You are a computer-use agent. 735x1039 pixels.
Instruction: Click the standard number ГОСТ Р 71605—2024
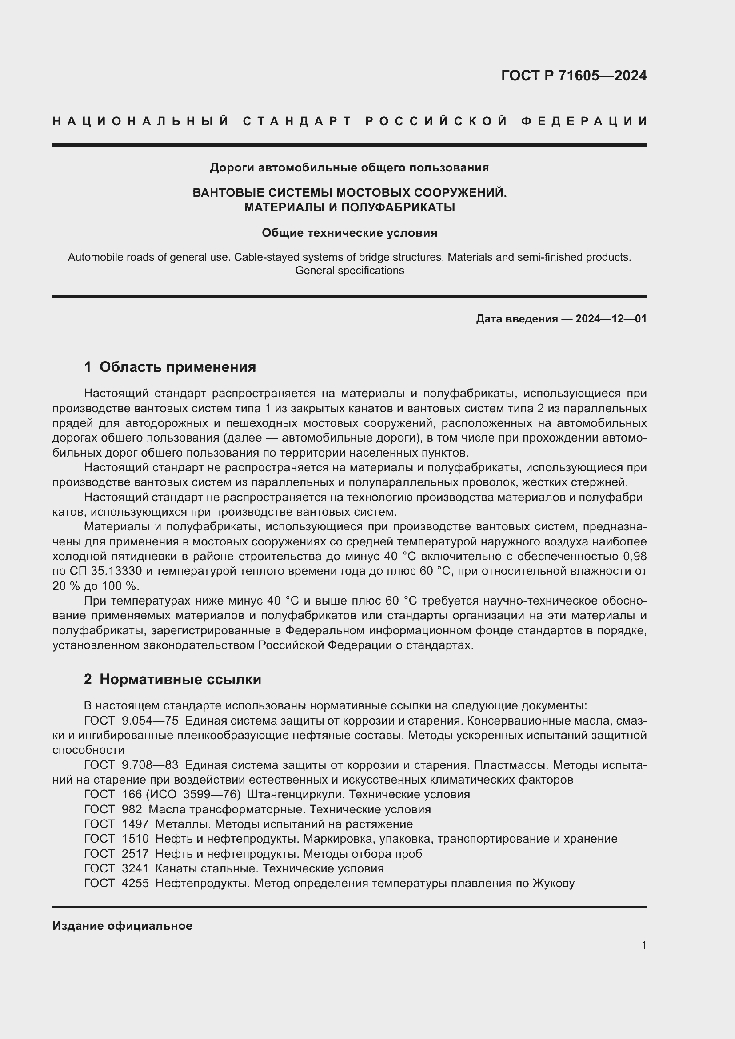(573, 76)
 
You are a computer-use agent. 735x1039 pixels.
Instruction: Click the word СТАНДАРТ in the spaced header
(297, 121)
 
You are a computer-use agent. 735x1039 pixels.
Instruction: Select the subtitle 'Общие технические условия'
(349, 233)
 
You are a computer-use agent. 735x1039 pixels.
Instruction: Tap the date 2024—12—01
(611, 319)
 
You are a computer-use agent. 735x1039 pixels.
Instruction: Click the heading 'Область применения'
(177, 367)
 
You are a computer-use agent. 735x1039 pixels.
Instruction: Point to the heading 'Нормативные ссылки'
(180, 679)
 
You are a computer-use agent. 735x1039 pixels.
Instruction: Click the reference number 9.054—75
(150, 721)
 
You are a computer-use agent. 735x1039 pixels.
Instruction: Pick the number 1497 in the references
(135, 824)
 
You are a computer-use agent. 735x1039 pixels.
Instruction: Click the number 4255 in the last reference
(135, 883)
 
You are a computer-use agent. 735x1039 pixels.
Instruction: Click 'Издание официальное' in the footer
(122, 926)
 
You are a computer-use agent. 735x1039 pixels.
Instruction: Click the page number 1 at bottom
(644, 945)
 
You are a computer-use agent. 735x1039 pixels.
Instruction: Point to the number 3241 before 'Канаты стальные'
(135, 868)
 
